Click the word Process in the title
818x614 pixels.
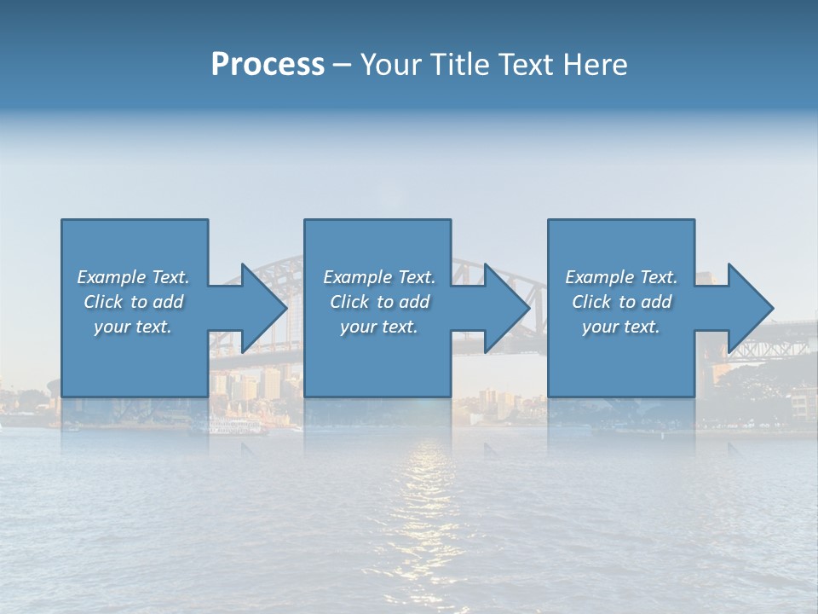pyautogui.click(x=268, y=65)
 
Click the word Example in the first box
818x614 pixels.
pyautogui.click(x=111, y=277)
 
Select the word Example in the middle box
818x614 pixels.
pyautogui.click(x=357, y=277)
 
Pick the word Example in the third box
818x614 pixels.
pyautogui.click(x=599, y=277)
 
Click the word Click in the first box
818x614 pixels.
pyautogui.click(x=103, y=302)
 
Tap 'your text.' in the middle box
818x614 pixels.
pyautogui.click(x=378, y=327)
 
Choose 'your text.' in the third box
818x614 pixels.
pyautogui.click(x=620, y=327)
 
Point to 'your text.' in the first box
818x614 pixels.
pyautogui.click(x=132, y=327)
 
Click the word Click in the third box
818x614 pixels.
pyautogui.click(x=591, y=302)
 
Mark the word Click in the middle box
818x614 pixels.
pyautogui.click(x=349, y=302)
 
